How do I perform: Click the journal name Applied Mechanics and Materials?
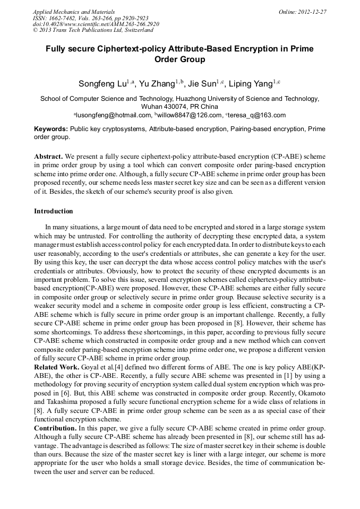[74, 12]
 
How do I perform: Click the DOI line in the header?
[96, 24]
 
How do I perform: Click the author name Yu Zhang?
[158, 84]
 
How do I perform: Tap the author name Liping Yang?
[252, 84]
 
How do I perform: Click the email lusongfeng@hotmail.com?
[114, 115]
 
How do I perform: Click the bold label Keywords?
[51, 129]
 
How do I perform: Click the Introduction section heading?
[54, 211]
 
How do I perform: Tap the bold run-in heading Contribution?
[55, 427]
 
